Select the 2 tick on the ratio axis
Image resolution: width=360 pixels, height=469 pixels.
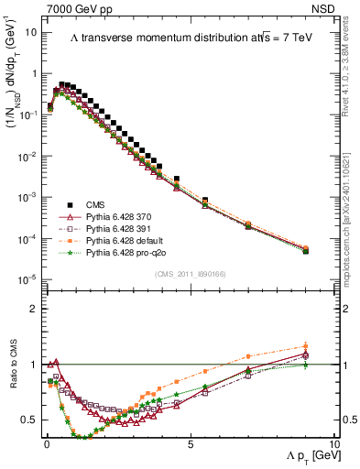(x=33, y=309)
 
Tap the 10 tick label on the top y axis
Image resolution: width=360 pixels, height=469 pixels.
(x=29, y=32)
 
